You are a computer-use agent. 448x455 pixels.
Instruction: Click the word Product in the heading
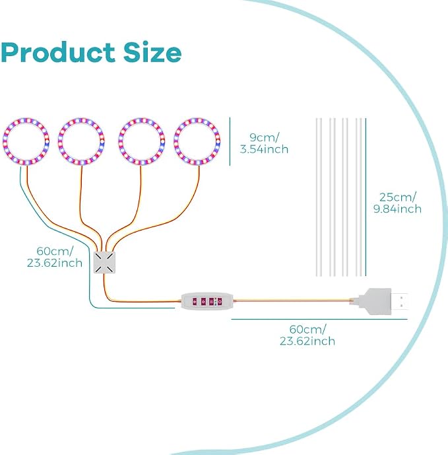point(58,52)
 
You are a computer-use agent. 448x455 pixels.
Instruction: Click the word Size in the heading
point(152,52)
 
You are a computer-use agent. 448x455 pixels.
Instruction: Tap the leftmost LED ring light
point(26,119)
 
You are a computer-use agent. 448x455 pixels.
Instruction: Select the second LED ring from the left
point(81,119)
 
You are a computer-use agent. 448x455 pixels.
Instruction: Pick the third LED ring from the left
point(141,119)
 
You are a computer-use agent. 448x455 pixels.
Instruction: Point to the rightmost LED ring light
point(197,119)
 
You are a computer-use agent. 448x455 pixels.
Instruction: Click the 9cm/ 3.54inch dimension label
point(264,143)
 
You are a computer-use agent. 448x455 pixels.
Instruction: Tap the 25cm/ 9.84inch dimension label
point(397,203)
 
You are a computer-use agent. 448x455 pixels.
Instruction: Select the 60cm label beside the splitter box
point(55,257)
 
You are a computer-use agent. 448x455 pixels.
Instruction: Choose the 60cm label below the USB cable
point(307,335)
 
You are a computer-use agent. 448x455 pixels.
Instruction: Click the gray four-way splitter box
point(104,262)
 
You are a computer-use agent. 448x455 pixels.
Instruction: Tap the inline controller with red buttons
point(207,302)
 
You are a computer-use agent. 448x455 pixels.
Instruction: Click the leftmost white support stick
point(319,197)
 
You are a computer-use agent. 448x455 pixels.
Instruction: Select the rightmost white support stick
point(359,197)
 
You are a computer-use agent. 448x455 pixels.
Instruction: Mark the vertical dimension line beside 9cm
point(230,141)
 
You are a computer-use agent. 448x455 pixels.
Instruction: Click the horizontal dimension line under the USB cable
point(319,319)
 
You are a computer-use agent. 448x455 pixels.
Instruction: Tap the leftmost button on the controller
point(195,302)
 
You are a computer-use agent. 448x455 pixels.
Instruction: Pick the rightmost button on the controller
point(220,302)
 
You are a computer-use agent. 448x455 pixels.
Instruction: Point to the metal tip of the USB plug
point(400,302)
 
